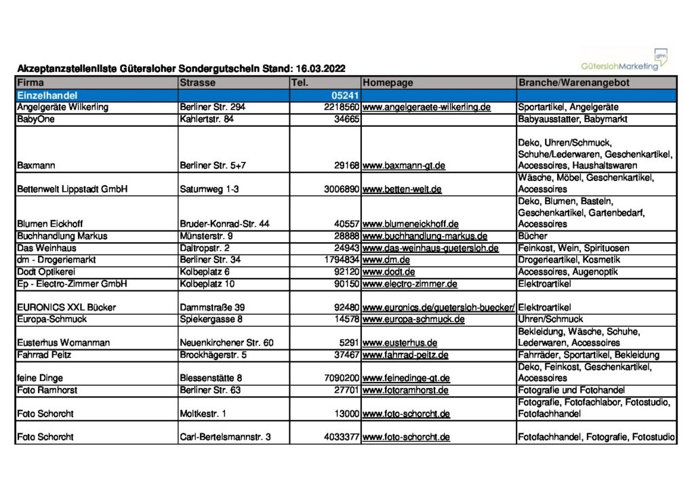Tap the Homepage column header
[388, 83]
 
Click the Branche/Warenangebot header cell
[573, 83]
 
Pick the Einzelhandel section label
[47, 96]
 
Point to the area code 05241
[344, 96]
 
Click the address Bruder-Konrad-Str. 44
[224, 224]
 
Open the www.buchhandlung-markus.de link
[425, 236]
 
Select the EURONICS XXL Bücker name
[66, 307]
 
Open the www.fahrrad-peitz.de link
[405, 355]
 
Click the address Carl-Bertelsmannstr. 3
[225, 437]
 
